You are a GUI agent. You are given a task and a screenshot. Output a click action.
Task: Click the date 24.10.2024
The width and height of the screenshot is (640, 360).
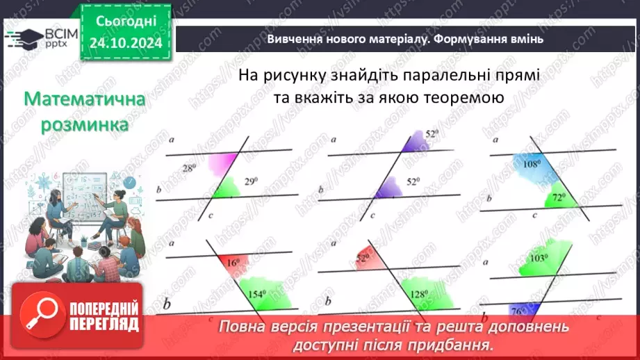point(124,42)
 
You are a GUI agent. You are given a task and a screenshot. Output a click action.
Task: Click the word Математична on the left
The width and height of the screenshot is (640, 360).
point(85,100)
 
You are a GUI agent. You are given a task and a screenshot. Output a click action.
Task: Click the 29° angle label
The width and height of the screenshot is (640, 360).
point(250,182)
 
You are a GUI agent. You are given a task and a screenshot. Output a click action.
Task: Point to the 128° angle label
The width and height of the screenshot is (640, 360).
point(418,294)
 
